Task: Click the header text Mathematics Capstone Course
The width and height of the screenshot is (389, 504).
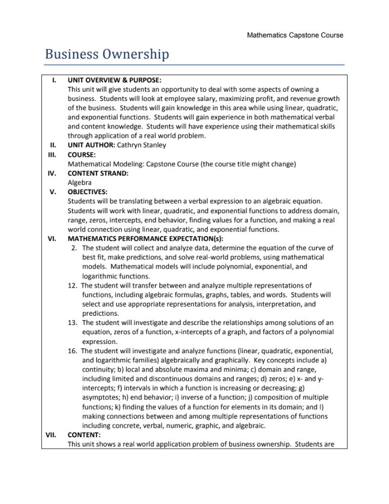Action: [295, 35]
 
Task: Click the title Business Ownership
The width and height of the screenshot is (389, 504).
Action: [107, 54]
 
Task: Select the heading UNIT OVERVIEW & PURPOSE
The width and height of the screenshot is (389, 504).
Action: [114, 80]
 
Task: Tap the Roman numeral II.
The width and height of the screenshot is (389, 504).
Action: [53, 145]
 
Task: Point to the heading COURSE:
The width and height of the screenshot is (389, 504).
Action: [81, 154]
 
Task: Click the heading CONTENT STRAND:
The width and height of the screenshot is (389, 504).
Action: [98, 173]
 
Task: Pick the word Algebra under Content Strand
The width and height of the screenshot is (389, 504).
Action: [80, 182]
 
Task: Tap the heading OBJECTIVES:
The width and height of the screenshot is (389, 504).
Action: [87, 192]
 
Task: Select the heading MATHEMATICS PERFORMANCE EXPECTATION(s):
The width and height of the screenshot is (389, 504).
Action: [145, 238]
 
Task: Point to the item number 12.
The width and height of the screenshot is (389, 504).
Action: [73, 285]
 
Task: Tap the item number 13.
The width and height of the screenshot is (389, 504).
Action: [73, 322]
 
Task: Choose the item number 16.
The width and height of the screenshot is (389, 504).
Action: [73, 350]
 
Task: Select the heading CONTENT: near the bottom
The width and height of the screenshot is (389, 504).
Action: [84, 435]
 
